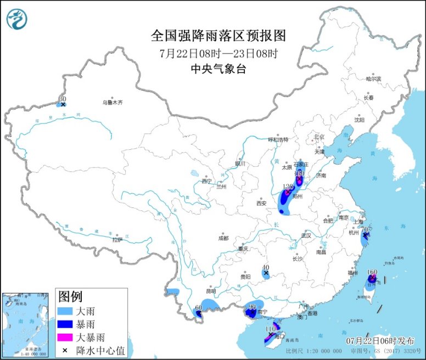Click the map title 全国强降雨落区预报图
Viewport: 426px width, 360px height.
pos(218,36)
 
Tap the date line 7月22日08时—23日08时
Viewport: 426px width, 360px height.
pos(218,54)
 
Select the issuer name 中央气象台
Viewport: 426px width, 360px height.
pos(218,69)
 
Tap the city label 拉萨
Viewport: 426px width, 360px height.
pos(117,240)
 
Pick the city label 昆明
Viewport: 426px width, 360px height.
pos(211,291)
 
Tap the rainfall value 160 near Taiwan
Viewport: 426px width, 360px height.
pos(372,272)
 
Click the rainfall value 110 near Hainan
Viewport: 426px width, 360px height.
pos(270,329)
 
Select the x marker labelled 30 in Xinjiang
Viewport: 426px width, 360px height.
pos(63,104)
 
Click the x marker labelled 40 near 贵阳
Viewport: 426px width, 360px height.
pos(266,273)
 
